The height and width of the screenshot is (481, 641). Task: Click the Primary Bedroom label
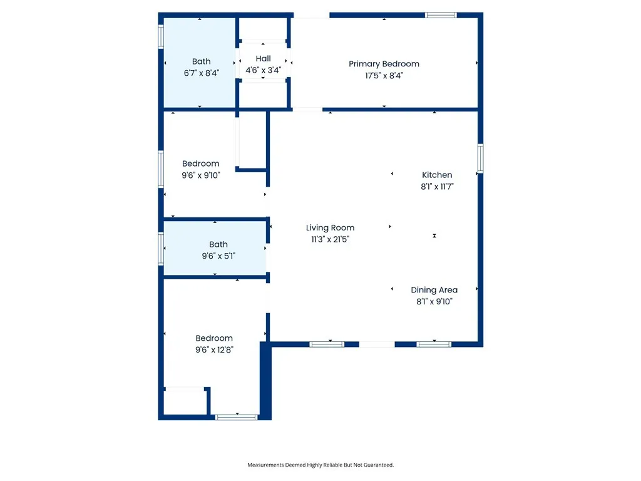coord(384,64)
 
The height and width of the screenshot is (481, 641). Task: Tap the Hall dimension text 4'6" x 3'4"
coord(263,71)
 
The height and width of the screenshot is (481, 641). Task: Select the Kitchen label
coord(437,175)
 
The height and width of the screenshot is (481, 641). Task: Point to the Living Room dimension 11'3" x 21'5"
coord(330,239)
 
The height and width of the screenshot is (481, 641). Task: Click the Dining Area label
coord(434,290)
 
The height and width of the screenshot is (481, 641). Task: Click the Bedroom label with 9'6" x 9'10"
coord(200,164)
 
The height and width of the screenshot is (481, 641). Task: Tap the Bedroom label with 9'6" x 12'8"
coord(213,338)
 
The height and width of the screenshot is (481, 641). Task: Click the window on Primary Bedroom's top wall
coord(441,15)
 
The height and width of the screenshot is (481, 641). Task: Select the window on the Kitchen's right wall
coord(480,158)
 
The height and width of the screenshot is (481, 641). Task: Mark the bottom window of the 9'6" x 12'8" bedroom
coord(236,416)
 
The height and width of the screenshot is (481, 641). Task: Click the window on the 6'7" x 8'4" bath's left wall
coord(161,35)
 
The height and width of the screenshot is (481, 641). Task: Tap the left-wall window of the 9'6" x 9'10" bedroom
coord(161,168)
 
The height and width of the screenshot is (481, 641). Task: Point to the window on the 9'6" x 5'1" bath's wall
coord(161,248)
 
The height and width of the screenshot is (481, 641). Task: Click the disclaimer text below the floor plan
coord(320,465)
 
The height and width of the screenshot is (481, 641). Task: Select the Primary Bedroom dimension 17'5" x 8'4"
coord(384,76)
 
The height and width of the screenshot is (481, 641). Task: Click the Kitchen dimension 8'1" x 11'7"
coord(437,187)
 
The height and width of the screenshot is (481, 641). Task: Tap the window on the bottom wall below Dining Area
coord(434,344)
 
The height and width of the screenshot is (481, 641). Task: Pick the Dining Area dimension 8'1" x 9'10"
coord(434,301)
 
